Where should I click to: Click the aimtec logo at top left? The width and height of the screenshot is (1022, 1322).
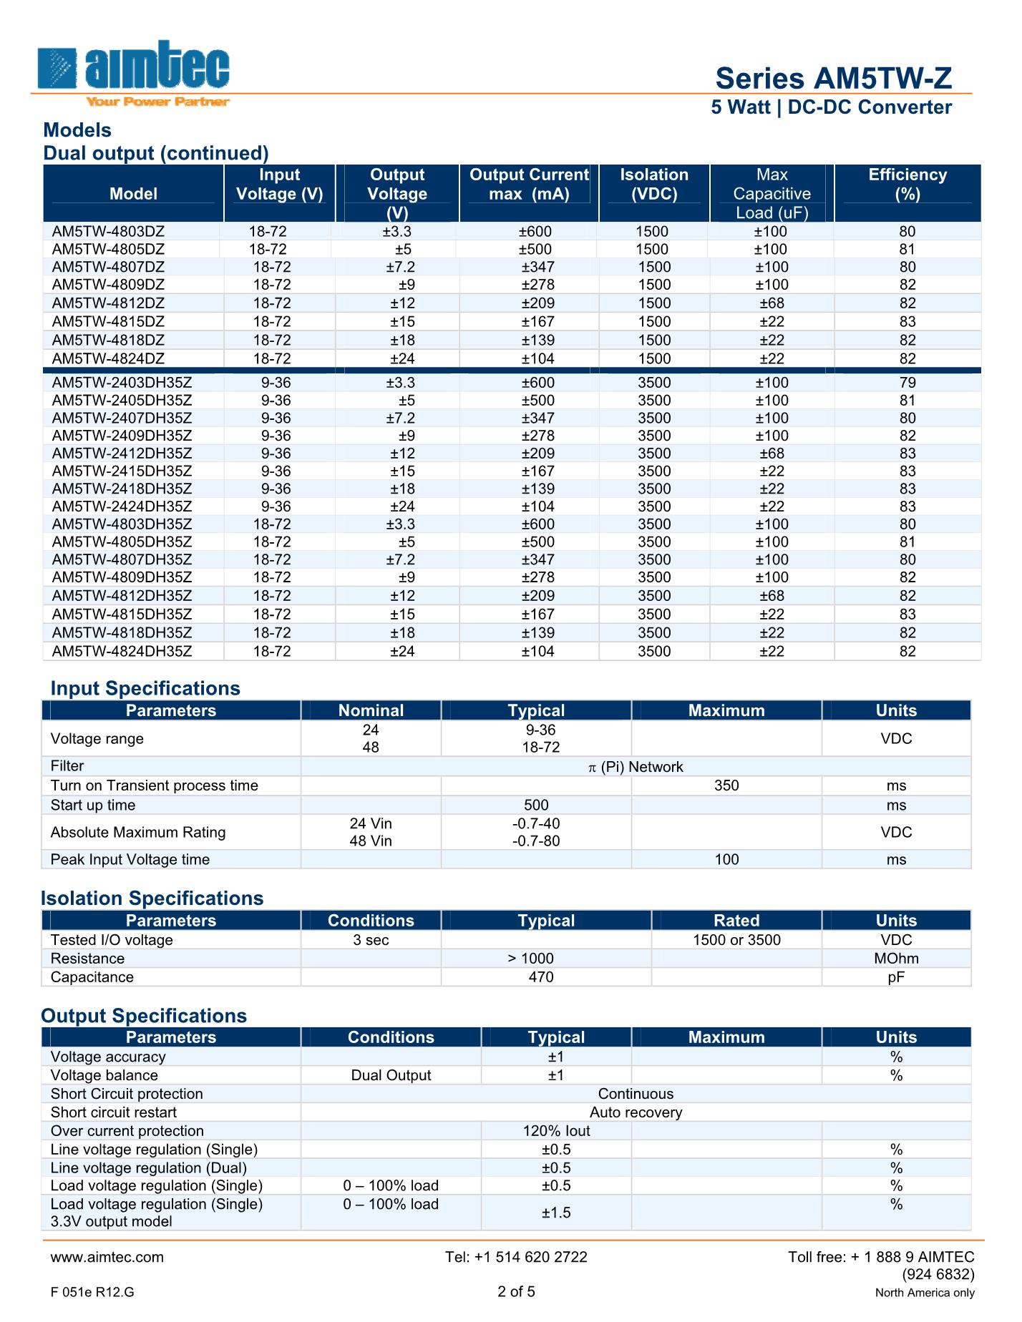pyautogui.click(x=134, y=72)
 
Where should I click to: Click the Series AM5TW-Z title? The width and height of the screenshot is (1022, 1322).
pyautogui.click(x=833, y=78)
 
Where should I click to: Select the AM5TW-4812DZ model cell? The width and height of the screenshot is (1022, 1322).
pyautogui.click(x=108, y=303)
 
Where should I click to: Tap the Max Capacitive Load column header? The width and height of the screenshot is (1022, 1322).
pyautogui.click(x=772, y=194)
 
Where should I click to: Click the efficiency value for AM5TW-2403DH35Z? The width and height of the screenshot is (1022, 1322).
pyautogui.click(x=907, y=383)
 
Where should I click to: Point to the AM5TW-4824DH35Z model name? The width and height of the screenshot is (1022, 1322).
pyautogui.click(x=122, y=651)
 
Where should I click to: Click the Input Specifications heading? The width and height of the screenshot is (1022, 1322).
pyautogui.click(x=145, y=688)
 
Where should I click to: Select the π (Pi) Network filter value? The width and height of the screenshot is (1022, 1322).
pyautogui.click(x=636, y=767)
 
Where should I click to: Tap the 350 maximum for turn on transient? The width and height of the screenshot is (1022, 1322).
pyautogui.click(x=726, y=785)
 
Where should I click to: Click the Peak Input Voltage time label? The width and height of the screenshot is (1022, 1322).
pyautogui.click(x=130, y=859)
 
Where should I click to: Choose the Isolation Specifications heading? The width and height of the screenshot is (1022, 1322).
pyautogui.click(x=152, y=899)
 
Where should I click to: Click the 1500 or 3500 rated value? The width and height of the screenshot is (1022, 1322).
pyautogui.click(x=736, y=940)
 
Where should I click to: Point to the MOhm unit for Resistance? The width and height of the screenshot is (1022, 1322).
pyautogui.click(x=896, y=959)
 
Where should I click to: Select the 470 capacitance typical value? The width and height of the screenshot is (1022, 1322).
pyautogui.click(x=541, y=977)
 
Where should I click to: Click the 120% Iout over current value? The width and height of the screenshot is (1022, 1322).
pyautogui.click(x=556, y=1131)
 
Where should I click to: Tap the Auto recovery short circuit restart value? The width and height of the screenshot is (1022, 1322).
pyautogui.click(x=636, y=1112)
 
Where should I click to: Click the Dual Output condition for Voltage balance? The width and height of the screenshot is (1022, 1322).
pyautogui.click(x=391, y=1075)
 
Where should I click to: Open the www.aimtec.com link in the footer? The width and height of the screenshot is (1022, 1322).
pyautogui.click(x=107, y=1257)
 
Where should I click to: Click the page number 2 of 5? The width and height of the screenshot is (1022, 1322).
pyautogui.click(x=516, y=1291)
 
